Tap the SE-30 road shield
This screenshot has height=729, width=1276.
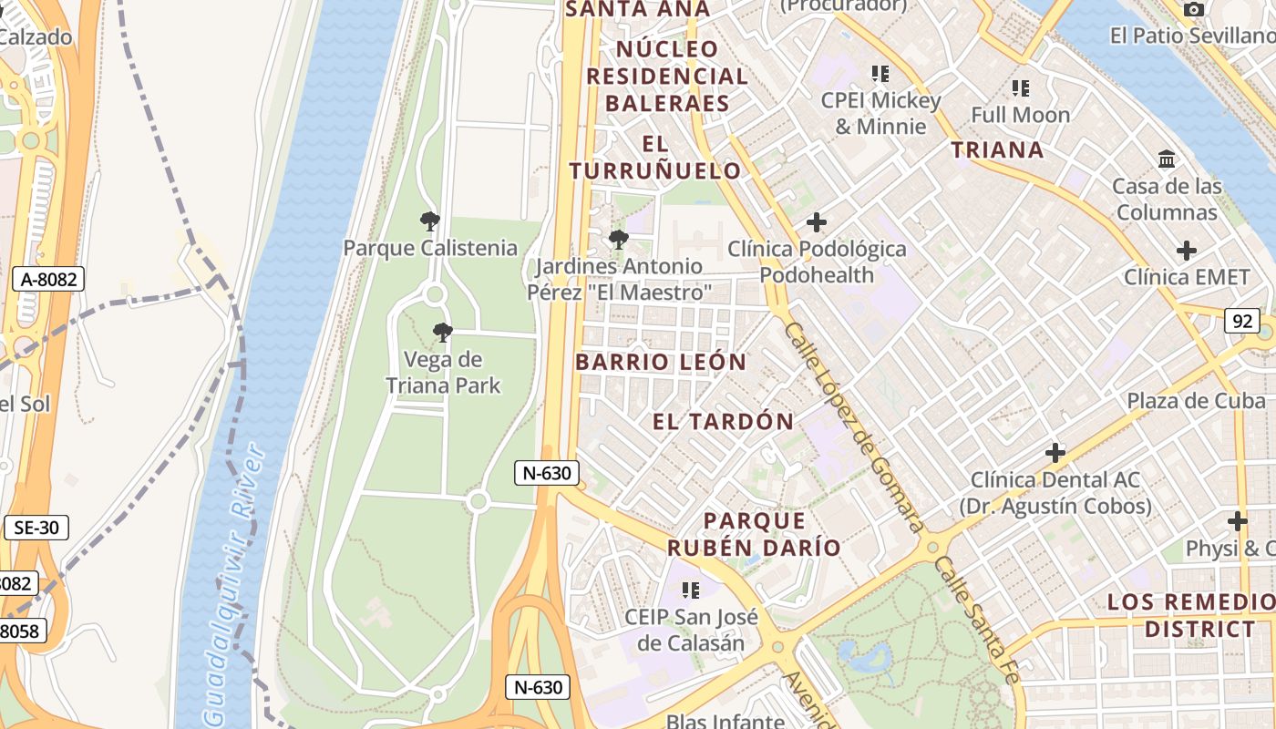click(x=36, y=527)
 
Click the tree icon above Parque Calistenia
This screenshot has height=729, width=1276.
click(x=430, y=221)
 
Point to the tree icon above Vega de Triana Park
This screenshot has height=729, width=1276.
click(x=443, y=333)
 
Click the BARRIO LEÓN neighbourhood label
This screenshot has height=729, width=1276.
click(x=661, y=362)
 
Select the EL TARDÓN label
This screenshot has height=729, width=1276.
click(x=724, y=421)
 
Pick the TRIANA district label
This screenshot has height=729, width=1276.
click(x=998, y=150)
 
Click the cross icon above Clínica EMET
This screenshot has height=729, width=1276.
click(x=1186, y=251)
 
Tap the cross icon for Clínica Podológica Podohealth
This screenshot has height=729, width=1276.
click(x=817, y=222)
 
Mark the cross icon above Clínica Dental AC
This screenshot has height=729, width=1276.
click(x=1055, y=452)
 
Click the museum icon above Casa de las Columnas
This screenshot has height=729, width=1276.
click(x=1167, y=159)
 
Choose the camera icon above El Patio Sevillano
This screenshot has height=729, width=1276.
click(x=1193, y=9)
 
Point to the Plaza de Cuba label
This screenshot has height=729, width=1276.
click(x=1196, y=401)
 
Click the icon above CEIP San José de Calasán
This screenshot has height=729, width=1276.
click(x=691, y=590)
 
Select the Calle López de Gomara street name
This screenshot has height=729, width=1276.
click(x=853, y=426)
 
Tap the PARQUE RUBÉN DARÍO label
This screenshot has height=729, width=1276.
click(x=754, y=534)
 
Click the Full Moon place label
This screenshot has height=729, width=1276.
click(x=1020, y=116)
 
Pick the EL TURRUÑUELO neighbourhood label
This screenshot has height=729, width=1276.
click(x=655, y=157)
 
